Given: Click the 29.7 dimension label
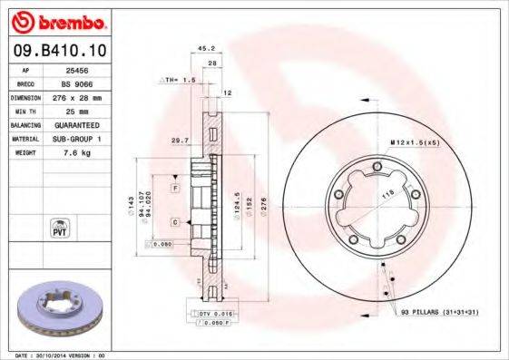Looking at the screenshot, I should pyautogui.click(x=178, y=141).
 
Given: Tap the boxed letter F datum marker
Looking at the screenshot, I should pyautogui.click(x=174, y=187).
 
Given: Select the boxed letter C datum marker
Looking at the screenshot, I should pyautogui.click(x=174, y=221).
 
